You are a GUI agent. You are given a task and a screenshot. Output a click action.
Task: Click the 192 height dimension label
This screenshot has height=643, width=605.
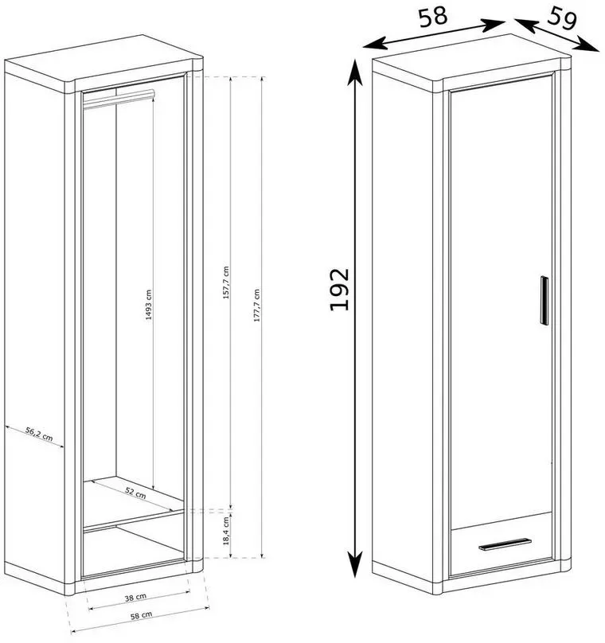point(339,289)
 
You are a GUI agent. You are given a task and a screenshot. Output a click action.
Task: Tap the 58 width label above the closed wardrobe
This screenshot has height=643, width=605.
point(433,17)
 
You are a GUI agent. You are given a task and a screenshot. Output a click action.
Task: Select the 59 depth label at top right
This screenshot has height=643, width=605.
point(562,18)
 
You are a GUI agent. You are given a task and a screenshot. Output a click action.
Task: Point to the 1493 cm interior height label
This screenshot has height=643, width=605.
point(149,305)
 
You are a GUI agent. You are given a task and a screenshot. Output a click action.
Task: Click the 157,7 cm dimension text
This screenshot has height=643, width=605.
point(226,283)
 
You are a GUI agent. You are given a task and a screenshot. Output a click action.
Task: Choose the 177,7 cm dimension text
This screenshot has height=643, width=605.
point(257,305)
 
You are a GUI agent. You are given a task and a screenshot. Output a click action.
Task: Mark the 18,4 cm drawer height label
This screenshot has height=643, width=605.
point(226,531)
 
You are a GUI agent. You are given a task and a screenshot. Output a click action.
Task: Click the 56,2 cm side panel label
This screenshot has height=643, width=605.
point(39,434)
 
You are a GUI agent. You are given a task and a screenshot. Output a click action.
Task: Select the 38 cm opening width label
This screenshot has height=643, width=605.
point(135,598)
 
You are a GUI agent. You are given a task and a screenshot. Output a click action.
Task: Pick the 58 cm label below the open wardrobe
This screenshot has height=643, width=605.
point(142,615)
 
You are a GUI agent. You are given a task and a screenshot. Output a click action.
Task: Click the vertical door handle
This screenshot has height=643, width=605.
point(544,301)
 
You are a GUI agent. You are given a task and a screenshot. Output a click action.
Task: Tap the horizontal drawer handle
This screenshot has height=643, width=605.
point(505,544)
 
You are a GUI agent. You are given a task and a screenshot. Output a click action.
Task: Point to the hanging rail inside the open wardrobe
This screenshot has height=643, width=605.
point(119,99)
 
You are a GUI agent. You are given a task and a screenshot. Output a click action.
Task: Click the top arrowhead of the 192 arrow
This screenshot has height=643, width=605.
point(355,71)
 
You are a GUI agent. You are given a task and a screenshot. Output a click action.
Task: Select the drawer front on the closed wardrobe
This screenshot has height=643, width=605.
point(502,544)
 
